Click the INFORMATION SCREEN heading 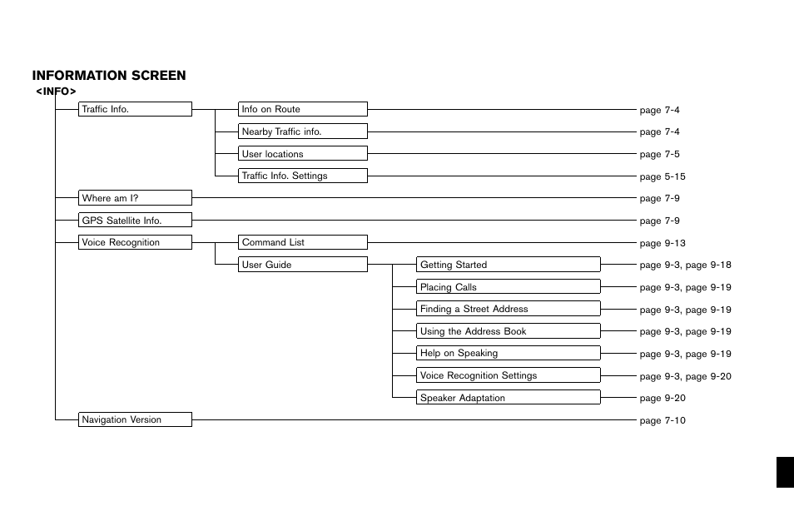tap(109, 76)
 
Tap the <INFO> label tap(56, 91)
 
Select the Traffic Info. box tap(136, 109)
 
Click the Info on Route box tap(303, 109)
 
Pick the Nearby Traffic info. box tap(303, 131)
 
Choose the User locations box tap(303, 154)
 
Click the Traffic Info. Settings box tap(303, 176)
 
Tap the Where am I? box tap(136, 198)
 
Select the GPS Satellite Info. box tap(136, 221)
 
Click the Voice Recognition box tap(136, 242)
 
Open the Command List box tap(303, 242)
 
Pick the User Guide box tap(303, 265)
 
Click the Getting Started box tap(509, 265)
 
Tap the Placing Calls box tap(509, 287)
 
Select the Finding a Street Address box tap(509, 309)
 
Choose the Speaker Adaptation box tap(509, 398)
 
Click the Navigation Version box tap(136, 419)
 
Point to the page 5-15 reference tap(662, 176)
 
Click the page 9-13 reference tap(662, 243)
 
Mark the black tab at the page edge tap(784, 472)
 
